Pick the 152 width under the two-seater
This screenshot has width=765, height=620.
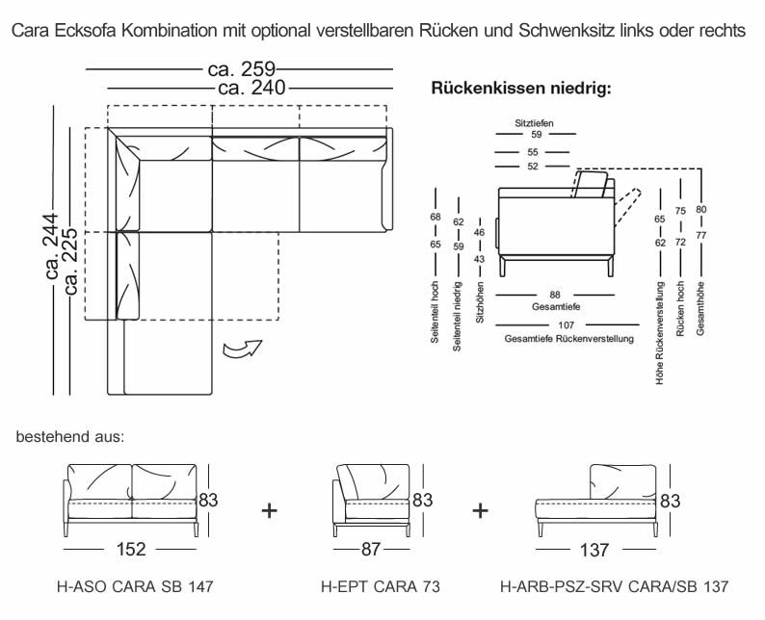131,550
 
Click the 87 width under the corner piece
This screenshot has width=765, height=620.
369,550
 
